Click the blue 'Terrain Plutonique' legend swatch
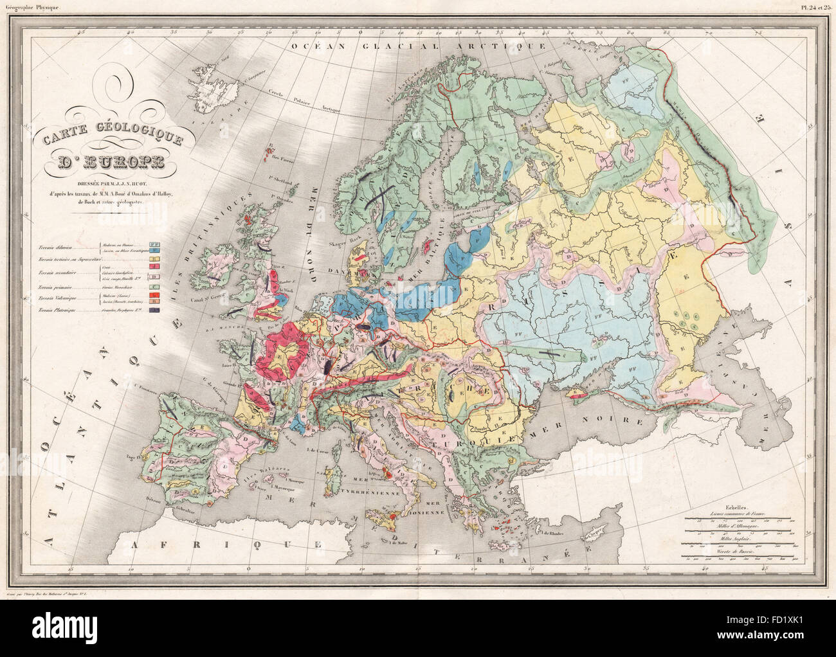click(154, 310)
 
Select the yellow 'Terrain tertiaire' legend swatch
click(154, 259)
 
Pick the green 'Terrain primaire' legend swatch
click(154, 285)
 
